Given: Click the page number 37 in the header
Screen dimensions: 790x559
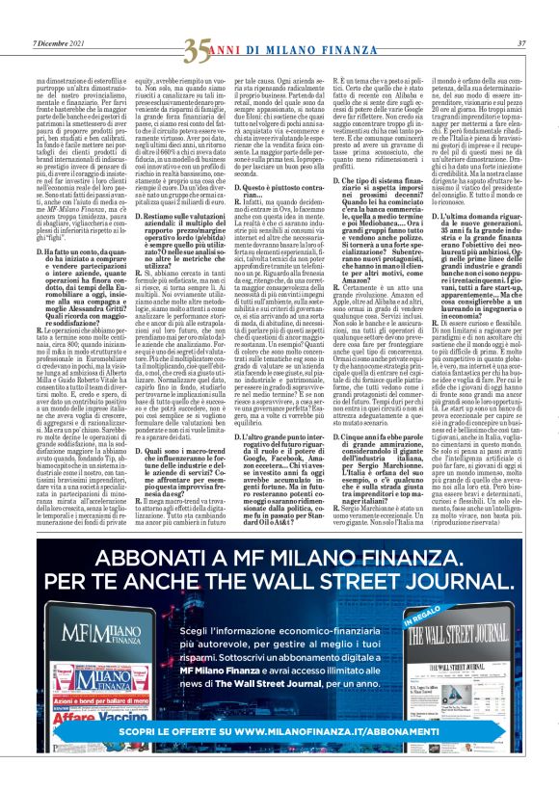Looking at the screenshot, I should pos(520,42).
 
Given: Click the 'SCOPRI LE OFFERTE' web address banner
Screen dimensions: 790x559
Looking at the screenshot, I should pos(279,759).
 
